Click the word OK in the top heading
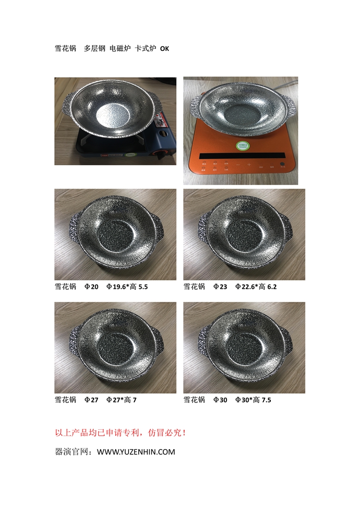click(165, 48)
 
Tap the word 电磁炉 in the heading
click(120, 48)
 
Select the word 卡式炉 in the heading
click(145, 48)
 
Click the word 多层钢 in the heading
click(95, 48)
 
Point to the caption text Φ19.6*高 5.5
click(127, 286)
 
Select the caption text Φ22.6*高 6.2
click(256, 286)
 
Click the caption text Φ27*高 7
click(121, 400)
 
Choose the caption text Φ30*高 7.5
click(253, 400)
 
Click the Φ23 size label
click(220, 286)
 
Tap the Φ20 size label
click(91, 286)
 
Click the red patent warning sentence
click(120, 433)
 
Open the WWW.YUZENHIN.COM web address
click(136, 452)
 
